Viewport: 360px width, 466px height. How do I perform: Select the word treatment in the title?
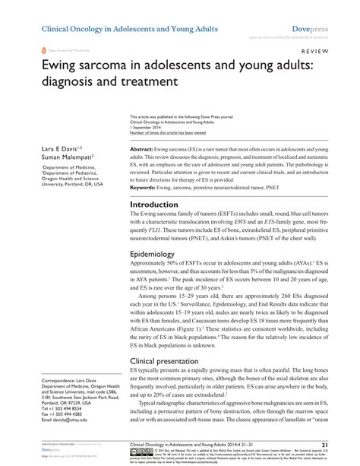[x=147, y=80]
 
